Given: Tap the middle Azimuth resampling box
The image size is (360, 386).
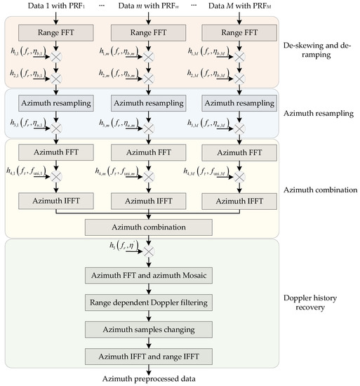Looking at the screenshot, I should click(148, 103).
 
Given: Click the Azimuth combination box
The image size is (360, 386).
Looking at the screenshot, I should click(148, 227).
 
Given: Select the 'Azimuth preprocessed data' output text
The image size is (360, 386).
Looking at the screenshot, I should click(148, 380).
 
